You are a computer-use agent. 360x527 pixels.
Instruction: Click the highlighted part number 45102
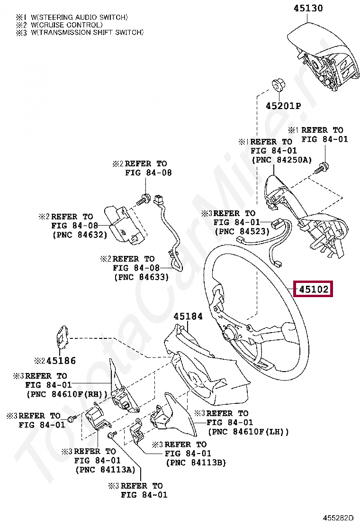pyautogui.click(x=313, y=289)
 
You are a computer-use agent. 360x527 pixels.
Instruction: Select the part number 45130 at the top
pyautogui.click(x=308, y=8)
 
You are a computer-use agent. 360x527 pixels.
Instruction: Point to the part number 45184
pyautogui.click(x=188, y=316)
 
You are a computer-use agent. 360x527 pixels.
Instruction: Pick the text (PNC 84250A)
pyautogui.click(x=281, y=160)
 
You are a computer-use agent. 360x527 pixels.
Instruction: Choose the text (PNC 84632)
pyautogui.click(x=79, y=235)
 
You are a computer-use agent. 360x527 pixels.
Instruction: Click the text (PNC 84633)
pyautogui.click(x=141, y=277)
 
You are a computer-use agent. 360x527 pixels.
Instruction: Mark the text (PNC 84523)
pyautogui.click(x=242, y=231)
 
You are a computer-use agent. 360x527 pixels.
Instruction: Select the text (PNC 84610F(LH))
pyautogui.click(x=248, y=432)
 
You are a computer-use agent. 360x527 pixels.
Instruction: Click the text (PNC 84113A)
pyautogui.click(x=105, y=470)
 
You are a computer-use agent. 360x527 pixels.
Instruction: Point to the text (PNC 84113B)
pyautogui.click(x=196, y=462)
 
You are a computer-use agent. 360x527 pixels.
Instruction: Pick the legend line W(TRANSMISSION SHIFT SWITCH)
pyautogui.click(x=87, y=32)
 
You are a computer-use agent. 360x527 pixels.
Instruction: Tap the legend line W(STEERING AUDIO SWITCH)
pyautogui.click(x=79, y=17)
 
